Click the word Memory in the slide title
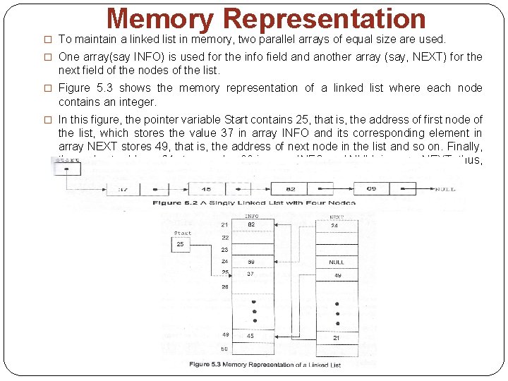pyautogui.click(x=160, y=19)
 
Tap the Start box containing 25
pyautogui.click(x=181, y=244)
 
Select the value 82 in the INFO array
pyautogui.click(x=250, y=225)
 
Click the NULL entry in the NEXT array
pyautogui.click(x=337, y=262)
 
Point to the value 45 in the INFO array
pyautogui.click(x=250, y=336)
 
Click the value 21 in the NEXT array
pyautogui.click(x=337, y=338)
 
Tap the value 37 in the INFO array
pyautogui.click(x=250, y=274)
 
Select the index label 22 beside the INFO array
pyautogui.click(x=224, y=238)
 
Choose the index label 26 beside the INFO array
pyautogui.click(x=224, y=286)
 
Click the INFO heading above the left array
pyautogui.click(x=251, y=217)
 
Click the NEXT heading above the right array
pyautogui.click(x=337, y=217)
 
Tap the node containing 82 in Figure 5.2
pyautogui.click(x=291, y=189)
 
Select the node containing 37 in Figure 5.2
pyautogui.click(x=123, y=189)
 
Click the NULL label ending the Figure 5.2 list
pyautogui.click(x=445, y=189)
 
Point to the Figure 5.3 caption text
pyautogui.click(x=265, y=364)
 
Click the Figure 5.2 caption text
pyautogui.click(x=255, y=203)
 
